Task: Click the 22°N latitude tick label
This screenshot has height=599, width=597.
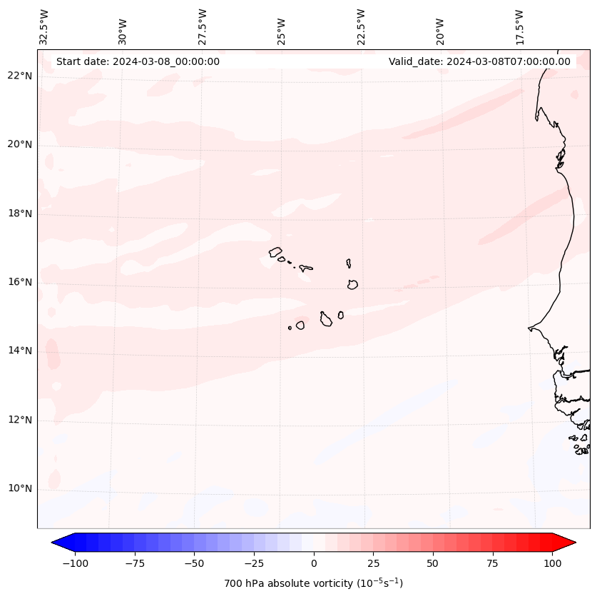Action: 20,76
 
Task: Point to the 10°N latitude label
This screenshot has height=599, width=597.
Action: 20,488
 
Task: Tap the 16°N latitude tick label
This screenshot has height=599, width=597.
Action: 20,282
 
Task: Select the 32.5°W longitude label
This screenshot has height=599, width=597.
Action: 44,26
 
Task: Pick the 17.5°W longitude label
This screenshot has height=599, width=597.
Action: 519,26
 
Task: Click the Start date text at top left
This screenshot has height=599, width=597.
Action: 138,61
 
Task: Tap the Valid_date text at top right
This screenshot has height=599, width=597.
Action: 479,61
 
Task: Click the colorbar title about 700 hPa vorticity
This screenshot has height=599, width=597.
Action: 314,583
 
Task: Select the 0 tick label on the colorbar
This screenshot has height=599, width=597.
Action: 314,563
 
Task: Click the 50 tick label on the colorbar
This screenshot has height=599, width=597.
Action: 433,563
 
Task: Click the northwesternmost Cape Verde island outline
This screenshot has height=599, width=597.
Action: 275,251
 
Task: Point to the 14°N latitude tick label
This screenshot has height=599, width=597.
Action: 20,351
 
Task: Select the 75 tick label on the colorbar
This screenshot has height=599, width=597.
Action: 492,563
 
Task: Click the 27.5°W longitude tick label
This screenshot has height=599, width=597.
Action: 203,26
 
